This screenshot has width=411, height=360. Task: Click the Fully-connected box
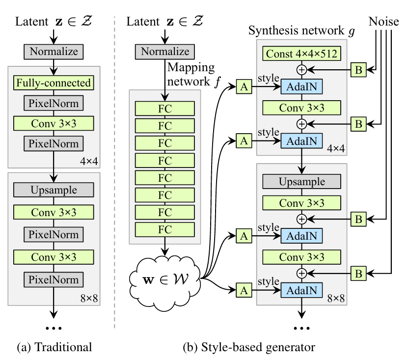pos(54,83)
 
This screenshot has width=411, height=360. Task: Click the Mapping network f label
pos(191,74)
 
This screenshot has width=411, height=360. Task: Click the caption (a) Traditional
pos(54,348)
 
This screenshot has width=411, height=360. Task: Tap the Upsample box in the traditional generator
pos(54,189)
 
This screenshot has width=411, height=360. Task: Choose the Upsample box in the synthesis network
pos(301,182)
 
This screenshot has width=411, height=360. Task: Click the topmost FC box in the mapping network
pos(164,109)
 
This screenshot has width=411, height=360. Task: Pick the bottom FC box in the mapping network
pos(164,229)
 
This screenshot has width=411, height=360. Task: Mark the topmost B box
pos(358,70)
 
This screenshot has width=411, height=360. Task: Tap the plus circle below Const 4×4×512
pos(301,70)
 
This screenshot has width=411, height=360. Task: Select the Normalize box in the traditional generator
pos(54,51)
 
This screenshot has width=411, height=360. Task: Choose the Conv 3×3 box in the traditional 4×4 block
pos(54,123)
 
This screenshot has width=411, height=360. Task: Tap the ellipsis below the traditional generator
pos(54,327)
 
